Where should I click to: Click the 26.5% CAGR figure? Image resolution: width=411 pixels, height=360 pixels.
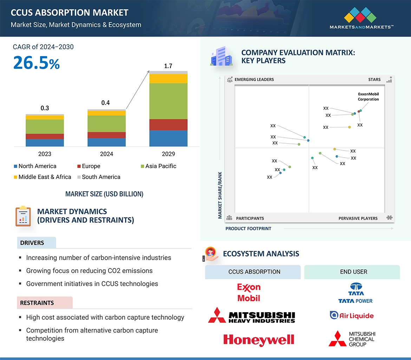tap(37, 62)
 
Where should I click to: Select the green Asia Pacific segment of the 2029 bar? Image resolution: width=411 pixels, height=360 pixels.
tap(168, 101)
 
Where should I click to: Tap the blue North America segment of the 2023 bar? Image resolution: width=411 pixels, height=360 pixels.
tap(45, 142)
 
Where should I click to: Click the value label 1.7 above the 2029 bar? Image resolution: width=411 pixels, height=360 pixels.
tap(168, 66)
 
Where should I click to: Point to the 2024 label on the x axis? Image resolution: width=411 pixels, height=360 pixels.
tap(106, 154)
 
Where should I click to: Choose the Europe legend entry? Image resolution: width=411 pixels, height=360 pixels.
tap(91, 166)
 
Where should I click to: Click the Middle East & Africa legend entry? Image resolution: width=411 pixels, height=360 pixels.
tap(45, 177)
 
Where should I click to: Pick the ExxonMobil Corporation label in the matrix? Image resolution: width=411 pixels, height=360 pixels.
tap(368, 96)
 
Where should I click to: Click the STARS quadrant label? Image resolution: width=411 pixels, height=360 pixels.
tap(374, 80)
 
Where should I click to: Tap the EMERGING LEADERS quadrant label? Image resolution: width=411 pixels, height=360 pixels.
tap(254, 80)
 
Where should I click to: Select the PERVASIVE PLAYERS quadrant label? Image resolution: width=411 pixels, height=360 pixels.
tap(358, 218)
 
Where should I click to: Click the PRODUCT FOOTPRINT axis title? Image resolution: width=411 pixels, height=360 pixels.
tap(248, 228)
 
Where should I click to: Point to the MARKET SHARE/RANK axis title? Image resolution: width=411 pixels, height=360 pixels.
tap(220, 195)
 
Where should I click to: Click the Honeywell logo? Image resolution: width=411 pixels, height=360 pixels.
tap(259, 339)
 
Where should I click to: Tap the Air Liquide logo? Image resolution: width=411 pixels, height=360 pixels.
tap(352, 315)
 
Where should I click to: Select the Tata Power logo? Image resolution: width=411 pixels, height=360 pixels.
tap(355, 293)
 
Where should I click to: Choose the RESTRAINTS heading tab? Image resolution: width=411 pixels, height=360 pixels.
tap(37, 303)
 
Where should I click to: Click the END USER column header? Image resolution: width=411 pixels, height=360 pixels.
tap(353, 272)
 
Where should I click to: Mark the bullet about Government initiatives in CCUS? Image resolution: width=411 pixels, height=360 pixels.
tap(92, 284)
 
